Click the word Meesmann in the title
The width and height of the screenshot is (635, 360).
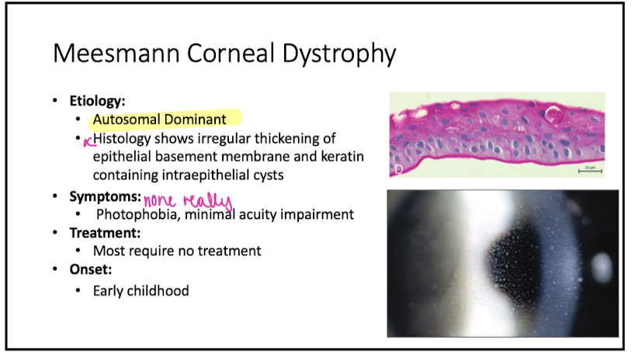[x=116, y=54]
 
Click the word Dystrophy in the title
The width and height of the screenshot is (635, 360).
[x=338, y=54]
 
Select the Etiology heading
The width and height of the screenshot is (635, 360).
[x=97, y=101]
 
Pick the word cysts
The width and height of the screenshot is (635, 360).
[x=269, y=175]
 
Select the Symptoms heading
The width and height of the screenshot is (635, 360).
[x=106, y=196]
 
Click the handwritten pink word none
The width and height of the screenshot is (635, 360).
[x=160, y=200]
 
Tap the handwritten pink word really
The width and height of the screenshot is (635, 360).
[x=207, y=201]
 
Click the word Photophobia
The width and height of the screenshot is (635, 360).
[x=138, y=214]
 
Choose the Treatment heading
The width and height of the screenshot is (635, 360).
[x=105, y=233]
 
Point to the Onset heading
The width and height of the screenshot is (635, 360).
[x=90, y=269]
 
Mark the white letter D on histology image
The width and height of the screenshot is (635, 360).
[x=398, y=170]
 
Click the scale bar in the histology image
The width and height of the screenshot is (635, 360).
[x=590, y=171]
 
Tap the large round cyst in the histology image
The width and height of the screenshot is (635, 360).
[x=553, y=114]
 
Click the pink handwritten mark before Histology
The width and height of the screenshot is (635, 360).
[x=88, y=141]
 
